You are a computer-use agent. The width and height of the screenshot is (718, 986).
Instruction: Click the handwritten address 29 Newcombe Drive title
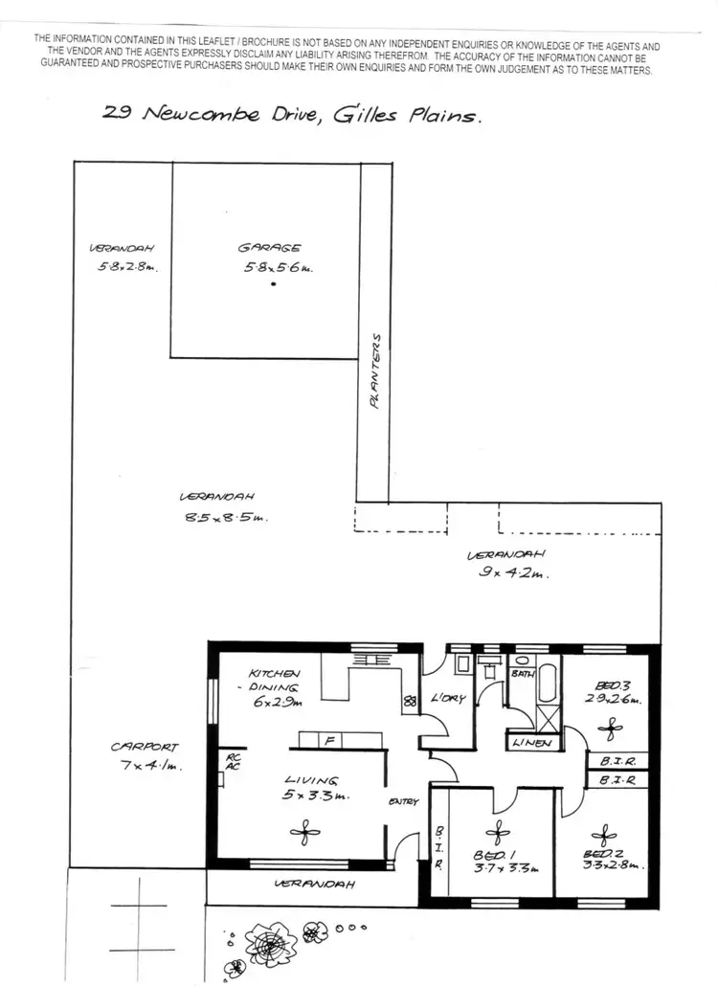(292, 114)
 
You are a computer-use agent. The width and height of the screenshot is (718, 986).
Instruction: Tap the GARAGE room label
(269, 249)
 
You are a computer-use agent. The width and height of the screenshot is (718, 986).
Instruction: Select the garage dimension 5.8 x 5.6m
(278, 268)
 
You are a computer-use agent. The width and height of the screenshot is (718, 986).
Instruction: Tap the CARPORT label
(144, 747)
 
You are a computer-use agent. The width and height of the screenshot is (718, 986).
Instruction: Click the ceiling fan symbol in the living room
(304, 834)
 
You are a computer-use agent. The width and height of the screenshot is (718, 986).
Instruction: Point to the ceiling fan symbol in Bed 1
(494, 833)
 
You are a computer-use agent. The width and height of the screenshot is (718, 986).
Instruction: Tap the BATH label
(523, 674)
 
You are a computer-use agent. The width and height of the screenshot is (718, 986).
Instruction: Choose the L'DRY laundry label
(448, 698)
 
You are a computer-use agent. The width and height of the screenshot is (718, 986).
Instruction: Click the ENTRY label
(402, 801)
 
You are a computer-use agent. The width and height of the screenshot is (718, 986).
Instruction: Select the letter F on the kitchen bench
(329, 740)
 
